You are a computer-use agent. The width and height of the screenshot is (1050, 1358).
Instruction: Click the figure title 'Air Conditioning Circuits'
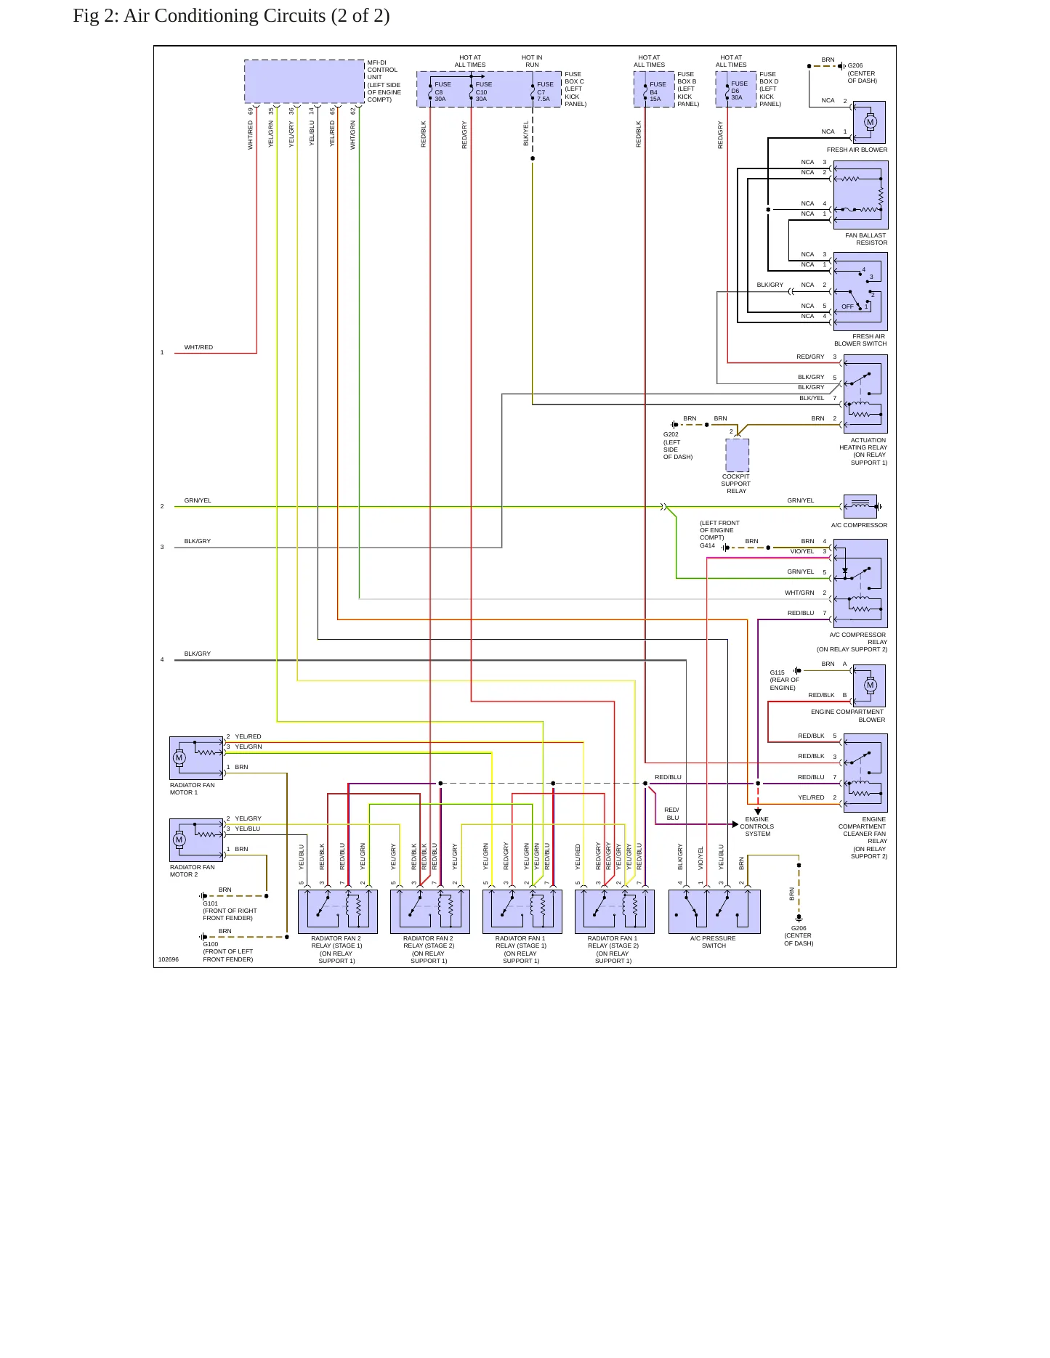tap(225, 16)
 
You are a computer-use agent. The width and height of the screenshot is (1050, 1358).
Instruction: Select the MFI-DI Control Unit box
tap(304, 81)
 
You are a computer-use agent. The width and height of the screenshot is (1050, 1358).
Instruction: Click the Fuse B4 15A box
tap(654, 89)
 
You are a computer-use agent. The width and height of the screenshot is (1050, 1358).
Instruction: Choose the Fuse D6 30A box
tap(736, 89)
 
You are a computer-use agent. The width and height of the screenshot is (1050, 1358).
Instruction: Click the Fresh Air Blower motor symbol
tap(869, 122)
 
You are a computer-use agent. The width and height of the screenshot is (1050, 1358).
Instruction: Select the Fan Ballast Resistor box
tap(861, 195)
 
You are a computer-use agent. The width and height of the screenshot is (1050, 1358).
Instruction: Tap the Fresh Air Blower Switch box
tap(861, 291)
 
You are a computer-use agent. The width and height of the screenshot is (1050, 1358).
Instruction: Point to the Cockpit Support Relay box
tap(737, 455)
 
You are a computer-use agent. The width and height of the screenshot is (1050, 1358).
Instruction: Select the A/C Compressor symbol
tap(861, 506)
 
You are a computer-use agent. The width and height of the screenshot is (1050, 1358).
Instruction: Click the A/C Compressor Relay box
tap(861, 583)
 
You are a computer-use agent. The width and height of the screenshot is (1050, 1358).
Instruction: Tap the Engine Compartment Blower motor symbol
tap(869, 685)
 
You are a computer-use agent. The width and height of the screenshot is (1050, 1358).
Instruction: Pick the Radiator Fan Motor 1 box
tap(196, 757)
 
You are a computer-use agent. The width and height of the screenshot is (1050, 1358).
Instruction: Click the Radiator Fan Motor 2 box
tap(196, 839)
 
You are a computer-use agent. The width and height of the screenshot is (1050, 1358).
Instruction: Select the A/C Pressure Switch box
tap(714, 911)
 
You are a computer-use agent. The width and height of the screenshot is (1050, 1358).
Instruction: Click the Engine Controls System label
tap(757, 826)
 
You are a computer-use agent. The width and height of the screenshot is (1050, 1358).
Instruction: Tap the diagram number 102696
tap(169, 959)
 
